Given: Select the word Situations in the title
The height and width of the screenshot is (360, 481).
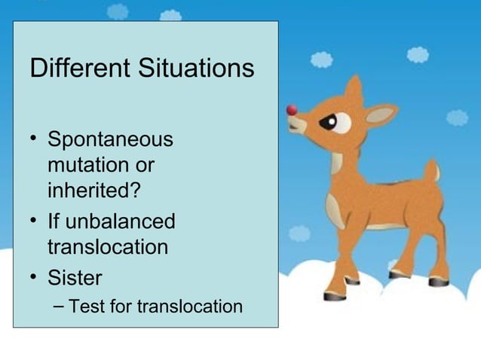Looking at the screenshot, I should tap(196, 69).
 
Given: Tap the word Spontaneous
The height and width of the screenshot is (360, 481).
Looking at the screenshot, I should tap(110, 141).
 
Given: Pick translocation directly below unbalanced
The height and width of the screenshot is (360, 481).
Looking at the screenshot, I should tap(108, 246).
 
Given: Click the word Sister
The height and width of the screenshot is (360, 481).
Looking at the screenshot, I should tap(75, 278).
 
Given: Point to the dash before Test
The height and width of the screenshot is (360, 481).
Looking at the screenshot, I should tap(60, 306).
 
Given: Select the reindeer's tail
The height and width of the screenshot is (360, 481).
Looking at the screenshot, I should tap(431, 171).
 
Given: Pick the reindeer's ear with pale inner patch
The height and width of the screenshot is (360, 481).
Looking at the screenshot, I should tap(379, 114).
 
